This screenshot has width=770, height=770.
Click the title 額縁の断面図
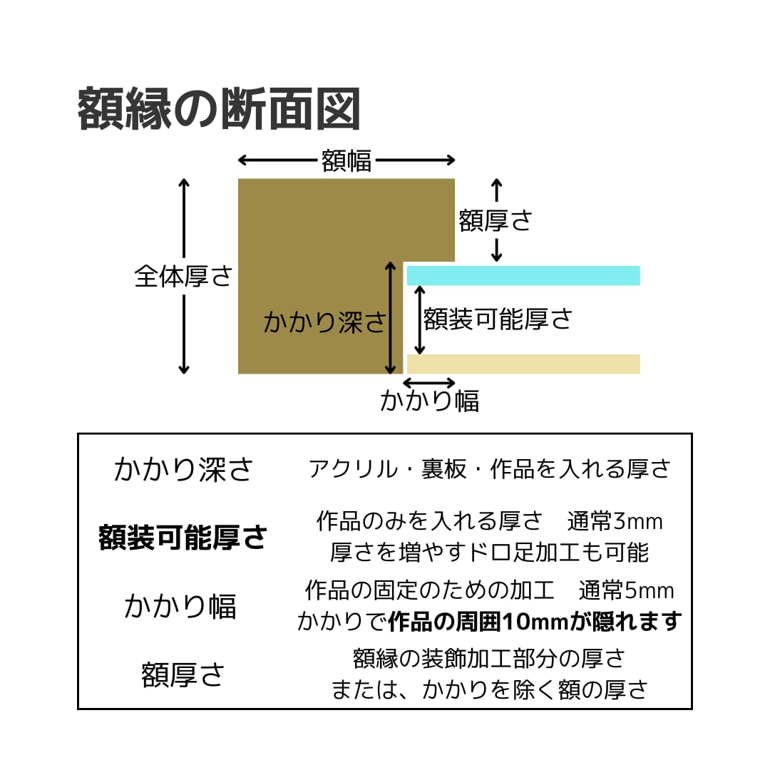tap(219, 109)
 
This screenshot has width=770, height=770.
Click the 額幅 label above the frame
tap(346, 160)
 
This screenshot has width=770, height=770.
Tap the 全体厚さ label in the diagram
tap(184, 276)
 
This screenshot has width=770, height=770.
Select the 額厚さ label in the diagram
tap(496, 220)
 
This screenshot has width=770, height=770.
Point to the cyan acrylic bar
tap(523, 275)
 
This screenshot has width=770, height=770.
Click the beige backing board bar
tap(523, 364)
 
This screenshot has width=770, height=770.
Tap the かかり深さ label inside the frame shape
tap(324, 322)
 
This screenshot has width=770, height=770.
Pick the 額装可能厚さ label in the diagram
tap(498, 319)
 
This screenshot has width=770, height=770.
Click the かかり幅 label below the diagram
tap(429, 401)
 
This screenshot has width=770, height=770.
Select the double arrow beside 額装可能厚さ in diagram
tap(420, 319)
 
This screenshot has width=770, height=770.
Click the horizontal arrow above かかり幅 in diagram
tap(428, 383)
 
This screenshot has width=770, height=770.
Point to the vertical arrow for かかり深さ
tap(390, 317)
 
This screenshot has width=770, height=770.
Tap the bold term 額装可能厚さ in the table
tap(183, 538)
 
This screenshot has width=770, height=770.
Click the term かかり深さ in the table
tap(183, 470)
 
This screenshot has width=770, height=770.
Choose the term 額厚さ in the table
tap(183, 674)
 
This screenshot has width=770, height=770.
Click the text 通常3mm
tap(615, 521)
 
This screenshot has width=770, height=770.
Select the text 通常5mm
tap(627, 590)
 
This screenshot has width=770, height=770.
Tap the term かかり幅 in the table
tap(180, 606)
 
